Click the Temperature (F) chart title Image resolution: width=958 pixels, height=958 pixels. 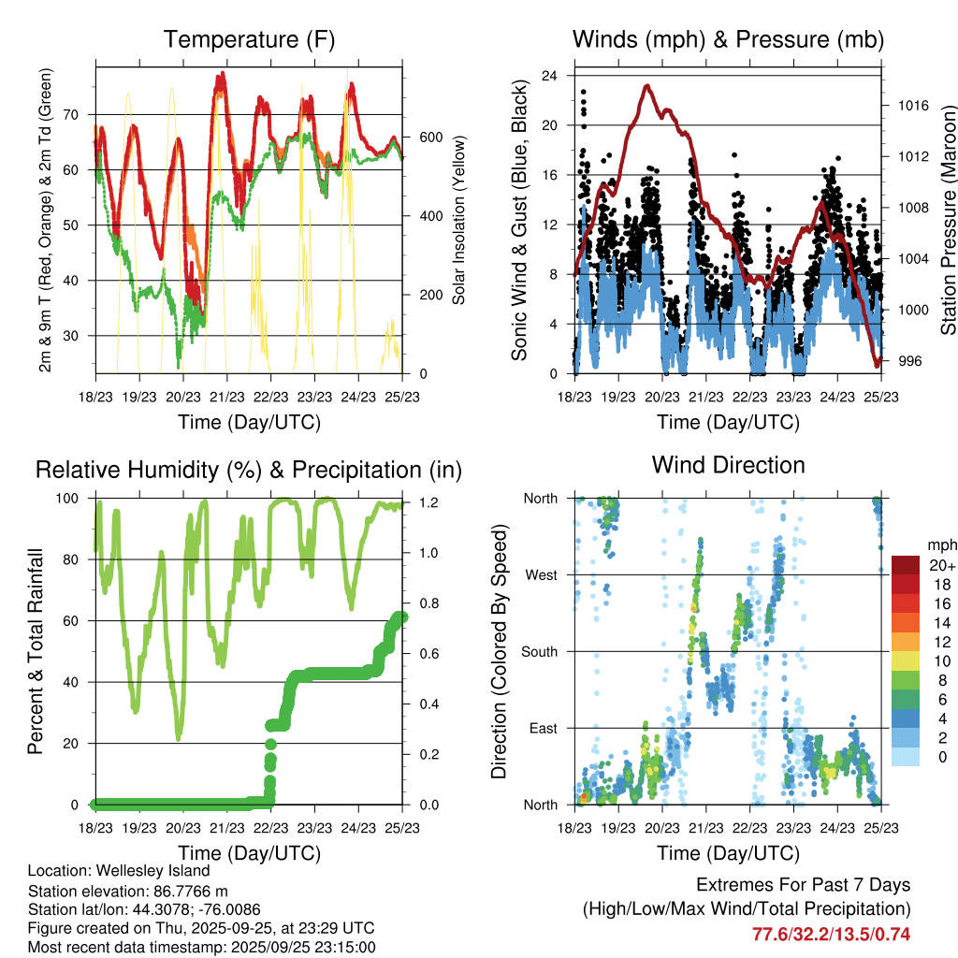point(249,39)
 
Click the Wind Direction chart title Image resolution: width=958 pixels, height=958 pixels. point(728,464)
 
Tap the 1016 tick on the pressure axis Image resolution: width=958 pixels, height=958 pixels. point(912,106)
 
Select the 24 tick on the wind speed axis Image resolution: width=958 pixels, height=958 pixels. point(552,75)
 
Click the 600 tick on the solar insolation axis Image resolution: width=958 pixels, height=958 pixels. point(429,137)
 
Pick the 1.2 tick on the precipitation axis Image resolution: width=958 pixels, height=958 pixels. point(428,502)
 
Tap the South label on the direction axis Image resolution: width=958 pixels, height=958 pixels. point(539,651)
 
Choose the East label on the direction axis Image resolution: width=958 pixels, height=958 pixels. point(542,728)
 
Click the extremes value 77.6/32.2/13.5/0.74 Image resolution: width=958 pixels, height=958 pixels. point(831,934)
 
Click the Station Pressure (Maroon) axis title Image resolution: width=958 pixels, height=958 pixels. point(948,219)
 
